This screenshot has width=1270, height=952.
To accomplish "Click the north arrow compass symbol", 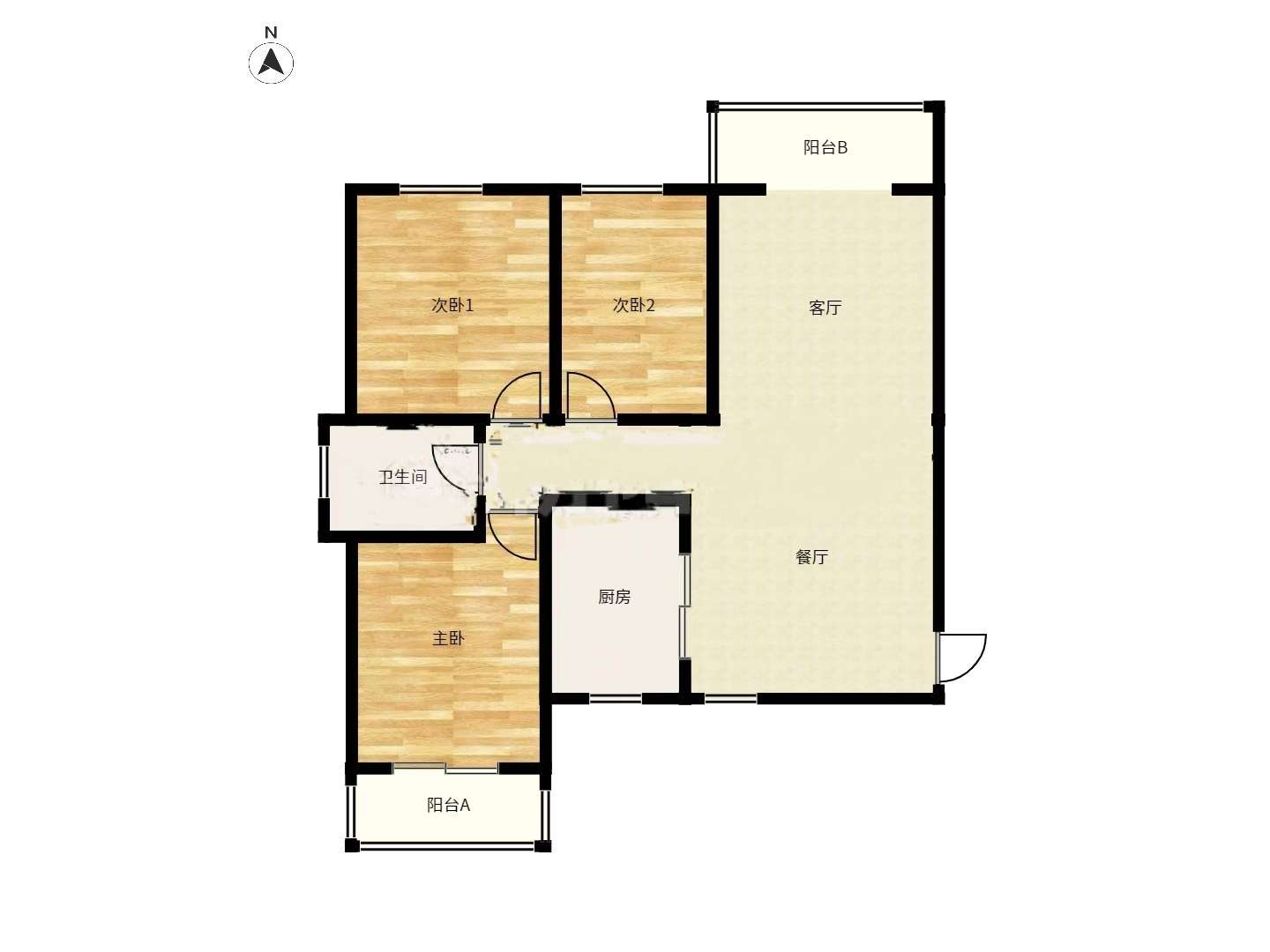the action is pos(271,62).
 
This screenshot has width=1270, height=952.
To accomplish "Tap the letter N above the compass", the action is pos(270,33).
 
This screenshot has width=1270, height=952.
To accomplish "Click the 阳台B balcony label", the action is pos(825,148).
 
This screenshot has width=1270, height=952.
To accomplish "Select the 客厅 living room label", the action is pos(825,308).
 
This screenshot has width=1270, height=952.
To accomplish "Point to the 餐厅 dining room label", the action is pos(811,556).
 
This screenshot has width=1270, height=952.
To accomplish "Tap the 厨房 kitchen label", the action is pos(614,597).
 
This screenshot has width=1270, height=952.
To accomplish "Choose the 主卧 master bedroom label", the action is pos(448,639).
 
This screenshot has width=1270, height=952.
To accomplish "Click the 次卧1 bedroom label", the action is pos(452,305).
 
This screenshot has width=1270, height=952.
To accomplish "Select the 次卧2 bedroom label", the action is pos(633,305).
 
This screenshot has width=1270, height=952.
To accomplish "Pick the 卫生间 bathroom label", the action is pos(403,477).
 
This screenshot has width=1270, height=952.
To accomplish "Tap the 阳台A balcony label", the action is pos(448,805).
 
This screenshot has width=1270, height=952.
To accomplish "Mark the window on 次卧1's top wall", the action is pos(440,189).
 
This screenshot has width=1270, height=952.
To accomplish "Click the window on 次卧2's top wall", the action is pos(622,189).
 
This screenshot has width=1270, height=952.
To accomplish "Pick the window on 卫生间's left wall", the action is pos(324,471).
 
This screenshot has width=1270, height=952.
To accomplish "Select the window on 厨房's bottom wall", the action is pos(616,698).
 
